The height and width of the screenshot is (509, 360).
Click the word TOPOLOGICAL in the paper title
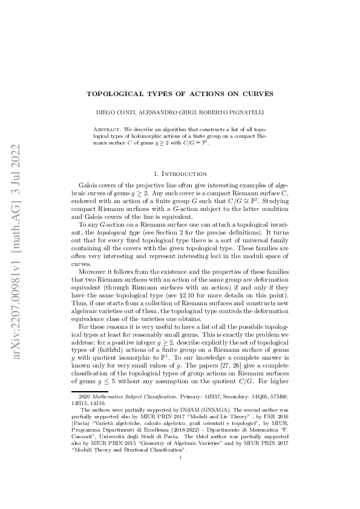(114, 94)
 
